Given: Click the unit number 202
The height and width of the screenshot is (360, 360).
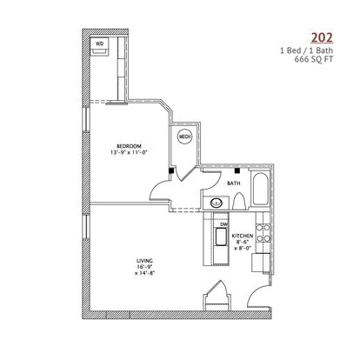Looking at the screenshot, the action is (322, 37).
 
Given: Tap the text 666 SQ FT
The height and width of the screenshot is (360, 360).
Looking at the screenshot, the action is (314, 59).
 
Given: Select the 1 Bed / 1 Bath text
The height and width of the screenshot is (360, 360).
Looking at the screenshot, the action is (306, 50).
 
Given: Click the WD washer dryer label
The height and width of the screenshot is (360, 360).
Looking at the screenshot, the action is (99, 44).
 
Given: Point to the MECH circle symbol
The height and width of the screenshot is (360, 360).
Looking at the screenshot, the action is (185, 137).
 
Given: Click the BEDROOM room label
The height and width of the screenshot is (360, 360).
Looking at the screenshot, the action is (129, 146).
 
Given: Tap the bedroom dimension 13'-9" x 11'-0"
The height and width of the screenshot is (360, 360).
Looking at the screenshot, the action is (129, 152).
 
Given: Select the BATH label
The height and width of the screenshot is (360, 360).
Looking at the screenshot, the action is (234, 183).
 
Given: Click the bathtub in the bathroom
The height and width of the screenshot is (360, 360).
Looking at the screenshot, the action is (260, 190).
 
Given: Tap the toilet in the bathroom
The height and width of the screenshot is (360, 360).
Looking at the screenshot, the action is (239, 202).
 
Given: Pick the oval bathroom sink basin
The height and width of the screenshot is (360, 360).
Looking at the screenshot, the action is (216, 203).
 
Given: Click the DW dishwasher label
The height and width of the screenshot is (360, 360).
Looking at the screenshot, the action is (223, 224).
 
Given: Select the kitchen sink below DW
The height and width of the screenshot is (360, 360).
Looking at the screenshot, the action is (221, 237).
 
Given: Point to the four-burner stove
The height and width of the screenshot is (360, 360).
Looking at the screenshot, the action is (263, 233).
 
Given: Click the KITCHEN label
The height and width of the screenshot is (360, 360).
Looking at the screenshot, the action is (243, 236).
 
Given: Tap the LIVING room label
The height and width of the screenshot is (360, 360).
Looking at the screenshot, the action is (144, 261).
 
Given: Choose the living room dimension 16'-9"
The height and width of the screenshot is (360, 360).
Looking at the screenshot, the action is (144, 267).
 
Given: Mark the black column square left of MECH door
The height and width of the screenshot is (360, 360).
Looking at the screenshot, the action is (171, 170).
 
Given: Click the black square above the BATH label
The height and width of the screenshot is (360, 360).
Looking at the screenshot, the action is (237, 170).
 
